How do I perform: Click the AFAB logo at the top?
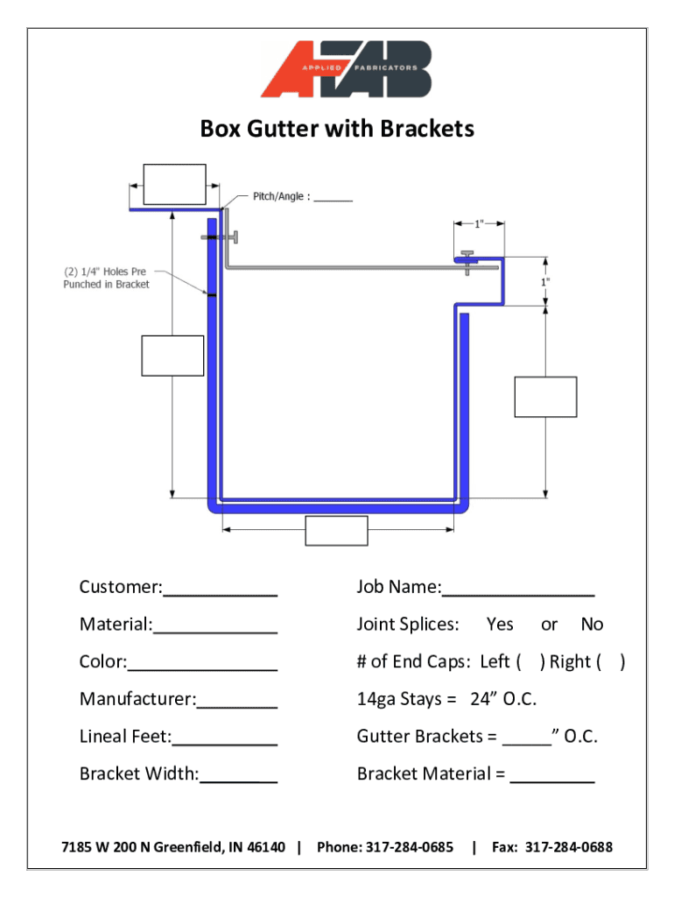346,69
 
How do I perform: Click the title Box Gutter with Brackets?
337,130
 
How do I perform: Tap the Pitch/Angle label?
278,197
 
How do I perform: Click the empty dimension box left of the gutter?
172,356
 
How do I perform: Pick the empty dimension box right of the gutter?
545,397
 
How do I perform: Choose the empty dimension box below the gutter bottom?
336,531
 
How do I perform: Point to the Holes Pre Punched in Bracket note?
106,278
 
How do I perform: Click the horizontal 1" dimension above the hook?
479,224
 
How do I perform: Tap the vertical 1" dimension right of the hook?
545,282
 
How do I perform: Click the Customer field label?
121,587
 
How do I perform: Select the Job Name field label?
398,587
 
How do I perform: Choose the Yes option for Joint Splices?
500,625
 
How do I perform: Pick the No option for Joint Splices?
592,625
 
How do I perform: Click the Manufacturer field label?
138,699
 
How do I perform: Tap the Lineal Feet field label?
125,737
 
